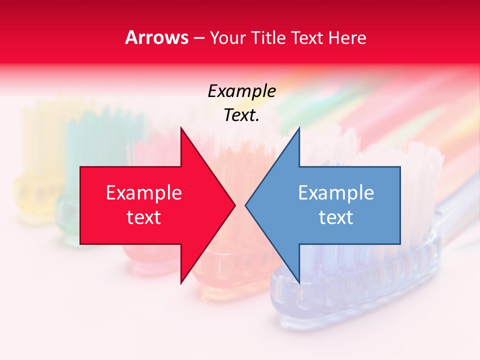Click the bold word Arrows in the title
[x=156, y=37]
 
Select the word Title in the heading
[x=268, y=38]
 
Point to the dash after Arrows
[x=198, y=38]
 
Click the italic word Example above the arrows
[x=241, y=91]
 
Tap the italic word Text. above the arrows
[x=241, y=115]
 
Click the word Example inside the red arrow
[x=144, y=193]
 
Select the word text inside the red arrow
[x=144, y=217]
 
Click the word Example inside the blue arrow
[x=336, y=193]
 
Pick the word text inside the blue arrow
[x=336, y=217]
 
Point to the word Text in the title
[x=307, y=38]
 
